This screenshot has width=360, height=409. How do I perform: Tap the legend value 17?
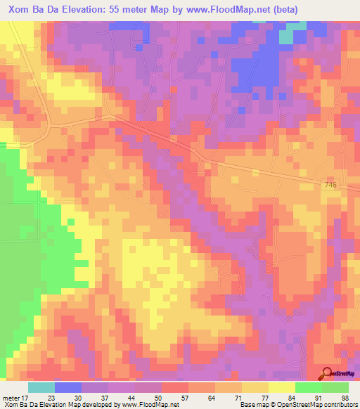coord(25,397)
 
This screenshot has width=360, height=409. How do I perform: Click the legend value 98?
coord(345,397)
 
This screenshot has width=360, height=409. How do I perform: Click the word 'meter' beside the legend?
coord(11,397)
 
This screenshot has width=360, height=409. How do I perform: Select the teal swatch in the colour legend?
coord(41,387)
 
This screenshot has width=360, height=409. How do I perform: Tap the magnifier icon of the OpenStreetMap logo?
coord(326,373)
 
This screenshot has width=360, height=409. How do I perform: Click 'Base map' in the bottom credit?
coord(254,405)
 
